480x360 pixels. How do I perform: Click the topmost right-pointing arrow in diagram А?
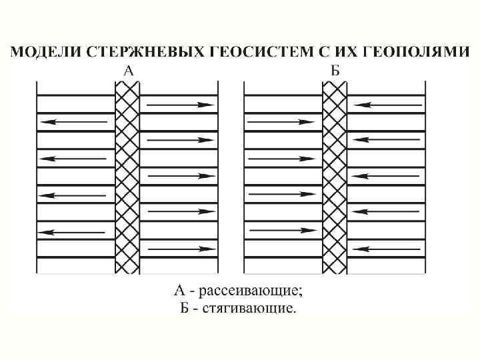(180, 105)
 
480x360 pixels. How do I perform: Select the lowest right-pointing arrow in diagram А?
(180, 249)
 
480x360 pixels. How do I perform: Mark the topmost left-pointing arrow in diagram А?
(73, 123)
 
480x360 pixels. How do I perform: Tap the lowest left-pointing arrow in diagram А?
(73, 232)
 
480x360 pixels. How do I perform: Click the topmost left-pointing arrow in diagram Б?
(387, 105)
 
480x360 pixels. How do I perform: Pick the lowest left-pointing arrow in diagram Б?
(387, 249)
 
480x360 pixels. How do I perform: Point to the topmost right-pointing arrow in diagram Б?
(280, 123)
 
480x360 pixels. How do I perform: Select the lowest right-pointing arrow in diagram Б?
(280, 231)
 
